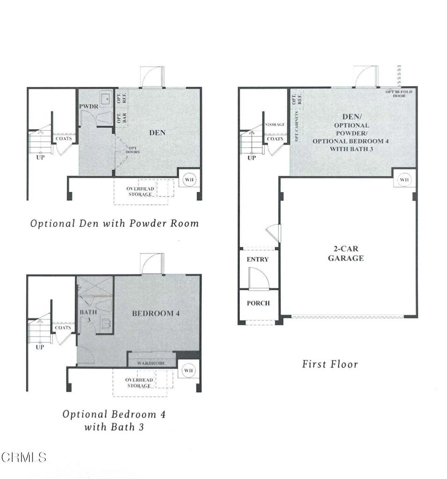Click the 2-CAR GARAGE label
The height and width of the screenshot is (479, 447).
346,253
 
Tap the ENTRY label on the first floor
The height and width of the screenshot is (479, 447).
258,259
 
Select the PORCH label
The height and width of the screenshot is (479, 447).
258,303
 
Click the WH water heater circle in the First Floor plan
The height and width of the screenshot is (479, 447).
404,180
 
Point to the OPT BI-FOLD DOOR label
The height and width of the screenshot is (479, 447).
398,94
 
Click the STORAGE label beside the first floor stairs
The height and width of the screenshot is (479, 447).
275,125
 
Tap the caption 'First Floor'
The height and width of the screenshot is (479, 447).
330,364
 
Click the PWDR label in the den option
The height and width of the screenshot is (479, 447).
88,107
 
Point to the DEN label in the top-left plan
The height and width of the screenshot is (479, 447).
158,133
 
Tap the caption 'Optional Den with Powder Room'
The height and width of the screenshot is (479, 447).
114,224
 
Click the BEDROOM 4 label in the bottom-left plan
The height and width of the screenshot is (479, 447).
156,313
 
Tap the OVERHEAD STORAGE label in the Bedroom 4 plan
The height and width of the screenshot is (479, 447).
139,383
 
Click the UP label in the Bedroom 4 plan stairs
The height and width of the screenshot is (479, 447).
40,347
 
